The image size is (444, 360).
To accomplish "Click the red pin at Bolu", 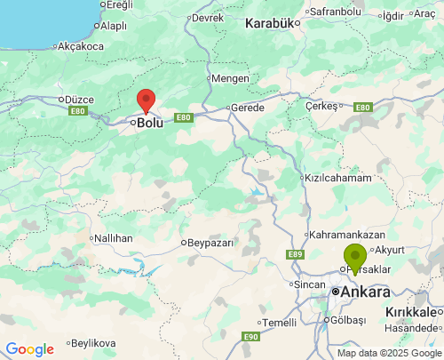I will point(147,100).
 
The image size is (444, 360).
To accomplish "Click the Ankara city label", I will point(365,292).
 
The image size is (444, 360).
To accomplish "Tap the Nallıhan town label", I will point(115,238).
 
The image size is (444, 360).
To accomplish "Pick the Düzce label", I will point(75,100).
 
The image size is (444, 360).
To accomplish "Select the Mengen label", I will point(230,78).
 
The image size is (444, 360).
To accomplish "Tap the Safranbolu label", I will point(336,12).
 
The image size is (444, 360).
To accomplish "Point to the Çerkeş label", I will point(322,105).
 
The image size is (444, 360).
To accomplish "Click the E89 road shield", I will point(296,255).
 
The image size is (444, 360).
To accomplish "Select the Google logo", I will point(29,349).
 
